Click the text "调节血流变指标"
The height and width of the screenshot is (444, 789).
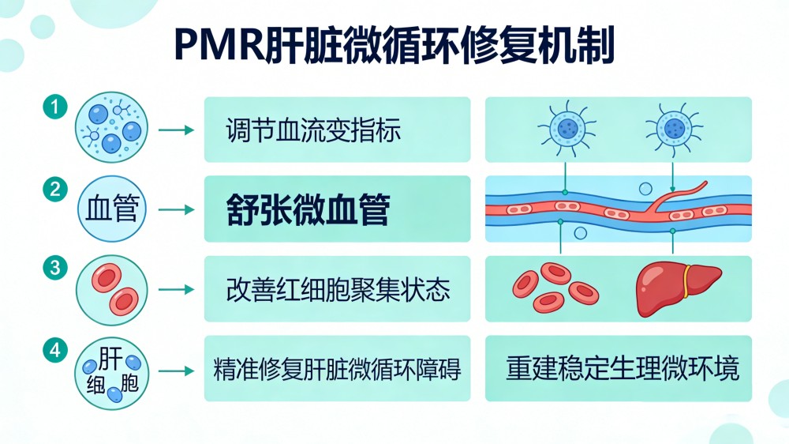[313, 130]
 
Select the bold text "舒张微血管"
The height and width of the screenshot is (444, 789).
[308, 210]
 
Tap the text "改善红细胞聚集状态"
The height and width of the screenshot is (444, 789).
[338, 290]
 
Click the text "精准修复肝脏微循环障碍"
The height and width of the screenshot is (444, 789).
[338, 369]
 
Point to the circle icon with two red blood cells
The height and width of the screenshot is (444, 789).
[111, 290]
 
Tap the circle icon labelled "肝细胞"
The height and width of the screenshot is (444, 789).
[111, 371]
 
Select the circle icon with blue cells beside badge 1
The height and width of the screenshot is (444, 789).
[111, 129]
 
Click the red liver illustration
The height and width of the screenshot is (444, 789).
[677, 286]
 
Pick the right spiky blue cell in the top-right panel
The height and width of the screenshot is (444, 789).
[672, 127]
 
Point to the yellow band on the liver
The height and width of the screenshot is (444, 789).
[687, 280]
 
